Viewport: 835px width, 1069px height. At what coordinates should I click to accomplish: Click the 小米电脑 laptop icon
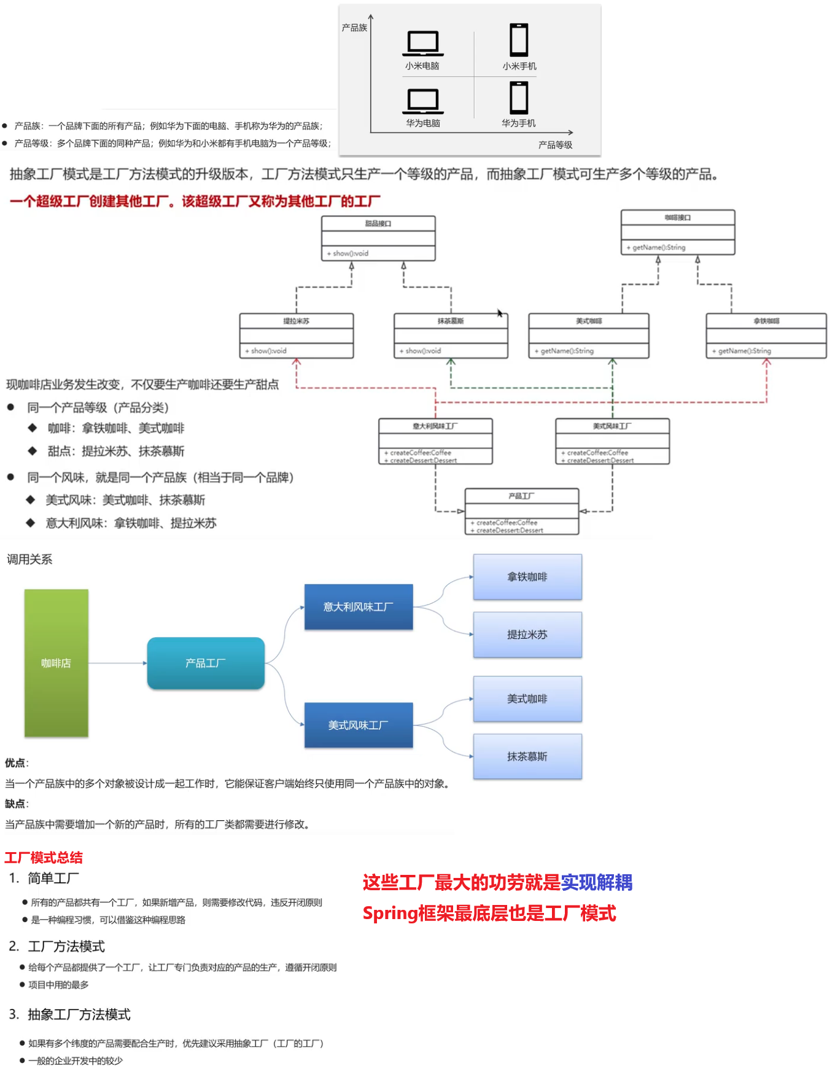[423, 42]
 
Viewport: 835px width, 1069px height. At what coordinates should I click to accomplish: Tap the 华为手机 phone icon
[519, 98]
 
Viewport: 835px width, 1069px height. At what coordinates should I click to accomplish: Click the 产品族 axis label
[354, 28]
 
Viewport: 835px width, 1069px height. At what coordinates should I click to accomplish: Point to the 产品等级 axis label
[555, 145]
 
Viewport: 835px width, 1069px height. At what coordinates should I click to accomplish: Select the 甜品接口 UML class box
[378, 238]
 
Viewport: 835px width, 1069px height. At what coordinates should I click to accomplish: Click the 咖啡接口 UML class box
[678, 232]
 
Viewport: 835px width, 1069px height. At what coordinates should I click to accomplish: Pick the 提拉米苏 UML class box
[297, 335]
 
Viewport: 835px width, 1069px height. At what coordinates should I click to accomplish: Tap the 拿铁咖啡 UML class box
[766, 335]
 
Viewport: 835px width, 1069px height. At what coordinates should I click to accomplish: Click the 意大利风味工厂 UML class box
[435, 441]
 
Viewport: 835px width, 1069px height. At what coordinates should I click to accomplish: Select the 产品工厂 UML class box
[522, 511]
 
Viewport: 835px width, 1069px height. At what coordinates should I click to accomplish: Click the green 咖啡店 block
[56, 663]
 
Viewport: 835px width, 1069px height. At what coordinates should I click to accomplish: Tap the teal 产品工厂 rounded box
[206, 663]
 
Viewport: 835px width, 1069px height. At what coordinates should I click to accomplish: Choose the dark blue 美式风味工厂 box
[359, 725]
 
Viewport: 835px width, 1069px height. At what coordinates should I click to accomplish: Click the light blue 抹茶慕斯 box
[527, 756]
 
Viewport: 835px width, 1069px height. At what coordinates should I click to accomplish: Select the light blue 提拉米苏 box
[527, 635]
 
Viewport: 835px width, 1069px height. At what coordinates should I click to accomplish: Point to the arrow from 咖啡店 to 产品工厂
[117, 663]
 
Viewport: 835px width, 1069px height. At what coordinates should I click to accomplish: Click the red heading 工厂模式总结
[44, 858]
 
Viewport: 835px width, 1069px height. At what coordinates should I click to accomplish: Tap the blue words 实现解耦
[596, 882]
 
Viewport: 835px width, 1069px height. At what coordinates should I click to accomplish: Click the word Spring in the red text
[390, 914]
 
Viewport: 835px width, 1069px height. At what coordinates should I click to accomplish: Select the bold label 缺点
[15, 804]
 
